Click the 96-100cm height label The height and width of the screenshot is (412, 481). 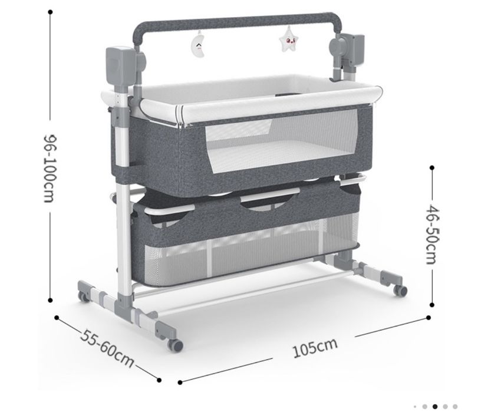pos(50,168)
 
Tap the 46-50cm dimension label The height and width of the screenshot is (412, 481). pos(433,235)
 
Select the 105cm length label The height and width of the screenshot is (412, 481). pos(315,348)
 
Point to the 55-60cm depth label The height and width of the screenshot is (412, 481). pos(107,348)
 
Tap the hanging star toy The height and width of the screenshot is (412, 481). pos(288,39)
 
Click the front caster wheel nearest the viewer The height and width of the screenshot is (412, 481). pos(176,345)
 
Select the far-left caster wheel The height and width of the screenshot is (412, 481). pos(83,296)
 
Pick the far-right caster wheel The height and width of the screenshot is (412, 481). pos(400,291)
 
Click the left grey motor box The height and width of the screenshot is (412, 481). pos(120,66)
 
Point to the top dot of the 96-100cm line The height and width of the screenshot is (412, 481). pos(50,12)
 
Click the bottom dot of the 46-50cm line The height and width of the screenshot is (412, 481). pos(432,305)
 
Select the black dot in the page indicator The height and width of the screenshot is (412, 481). pos(434,407)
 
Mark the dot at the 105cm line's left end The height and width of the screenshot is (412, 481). pos(180,383)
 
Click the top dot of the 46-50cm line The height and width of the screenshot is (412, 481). pos(432,167)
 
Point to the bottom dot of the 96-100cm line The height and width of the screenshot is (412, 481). pos(50,300)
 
